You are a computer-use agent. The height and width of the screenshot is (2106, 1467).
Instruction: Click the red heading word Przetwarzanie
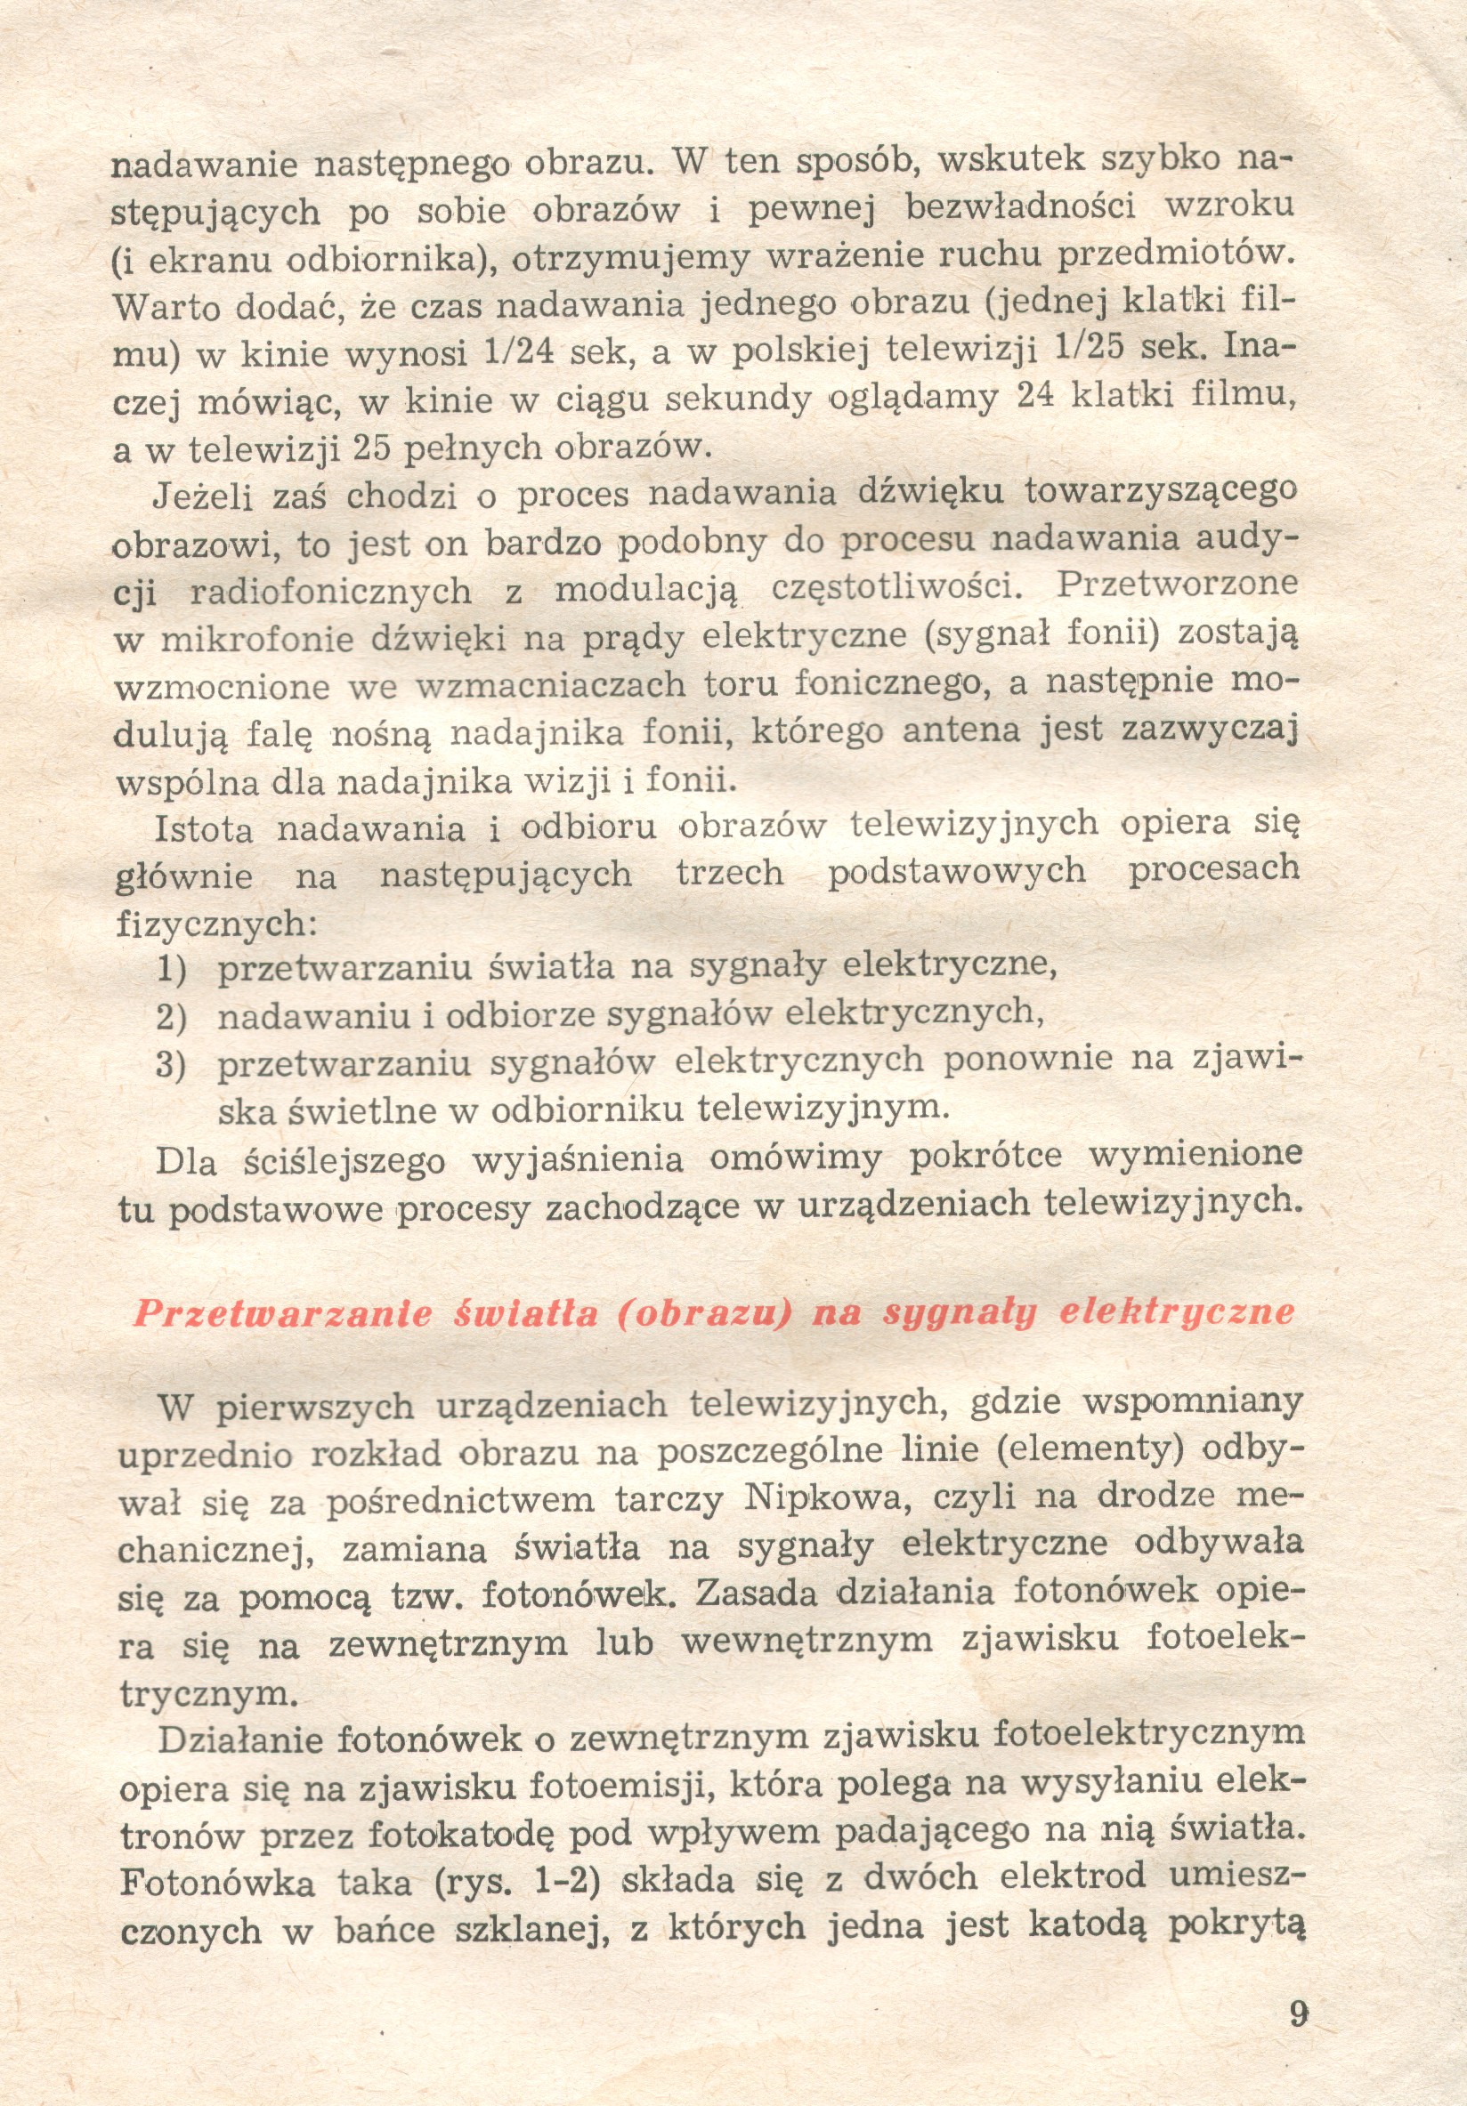[x=281, y=1313]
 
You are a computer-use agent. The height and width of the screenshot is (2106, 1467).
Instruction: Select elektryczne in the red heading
[x=1177, y=1311]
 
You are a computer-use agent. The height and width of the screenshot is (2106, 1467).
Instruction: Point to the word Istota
[x=204, y=829]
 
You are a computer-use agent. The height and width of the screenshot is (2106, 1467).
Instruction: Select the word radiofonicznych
[x=330, y=593]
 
